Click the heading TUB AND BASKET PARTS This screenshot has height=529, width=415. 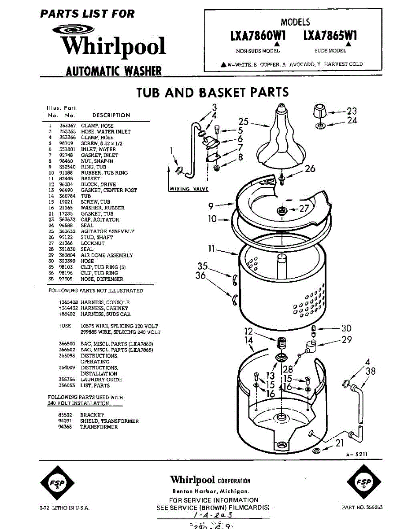(212, 93)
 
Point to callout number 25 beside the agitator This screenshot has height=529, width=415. (244, 122)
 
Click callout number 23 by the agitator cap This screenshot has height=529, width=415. (352, 111)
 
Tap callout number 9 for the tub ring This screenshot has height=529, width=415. (211, 205)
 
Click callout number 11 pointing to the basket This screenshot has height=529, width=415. (211, 249)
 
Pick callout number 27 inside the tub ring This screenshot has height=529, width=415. (304, 209)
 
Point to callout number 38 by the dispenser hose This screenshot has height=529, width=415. (371, 371)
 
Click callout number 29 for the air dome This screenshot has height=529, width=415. (346, 339)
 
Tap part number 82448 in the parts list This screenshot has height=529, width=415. (67, 179)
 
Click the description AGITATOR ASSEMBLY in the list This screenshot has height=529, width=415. (107, 231)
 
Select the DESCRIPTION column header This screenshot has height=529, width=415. (111, 115)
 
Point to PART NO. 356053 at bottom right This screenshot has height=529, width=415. (362, 508)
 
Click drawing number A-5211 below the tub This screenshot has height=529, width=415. (356, 454)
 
